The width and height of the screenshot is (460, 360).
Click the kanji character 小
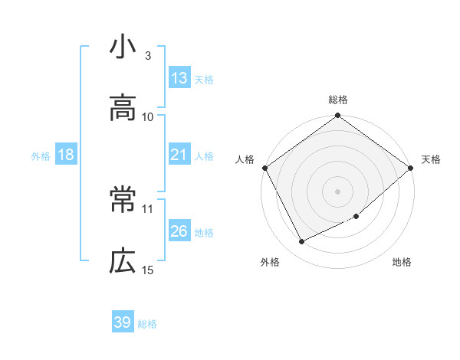point(123,48)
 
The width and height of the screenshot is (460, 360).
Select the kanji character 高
point(123,109)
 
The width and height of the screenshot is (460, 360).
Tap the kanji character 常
point(123,201)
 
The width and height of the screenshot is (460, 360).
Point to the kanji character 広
point(123,262)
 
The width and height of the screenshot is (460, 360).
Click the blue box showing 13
point(179,78)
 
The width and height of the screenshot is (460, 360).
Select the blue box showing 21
point(179,155)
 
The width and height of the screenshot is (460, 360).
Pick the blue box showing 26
point(179,231)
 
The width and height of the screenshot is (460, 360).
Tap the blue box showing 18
point(66,155)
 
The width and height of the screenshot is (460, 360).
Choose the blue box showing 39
point(123,322)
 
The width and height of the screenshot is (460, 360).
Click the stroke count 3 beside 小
point(148,56)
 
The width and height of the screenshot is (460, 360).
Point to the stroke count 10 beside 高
point(148,116)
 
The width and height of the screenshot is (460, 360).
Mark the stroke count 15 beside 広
point(148,270)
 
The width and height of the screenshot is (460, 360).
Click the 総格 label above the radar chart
point(338,100)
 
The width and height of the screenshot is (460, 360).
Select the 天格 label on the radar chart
point(432,159)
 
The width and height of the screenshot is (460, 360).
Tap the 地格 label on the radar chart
point(402,263)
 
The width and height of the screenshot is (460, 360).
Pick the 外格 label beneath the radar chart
point(270,263)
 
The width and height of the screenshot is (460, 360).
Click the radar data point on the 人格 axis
point(264,168)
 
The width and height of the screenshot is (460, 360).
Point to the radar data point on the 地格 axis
point(356,216)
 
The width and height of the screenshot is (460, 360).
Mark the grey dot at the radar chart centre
point(338,191)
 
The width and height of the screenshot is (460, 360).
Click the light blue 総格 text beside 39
point(147,324)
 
